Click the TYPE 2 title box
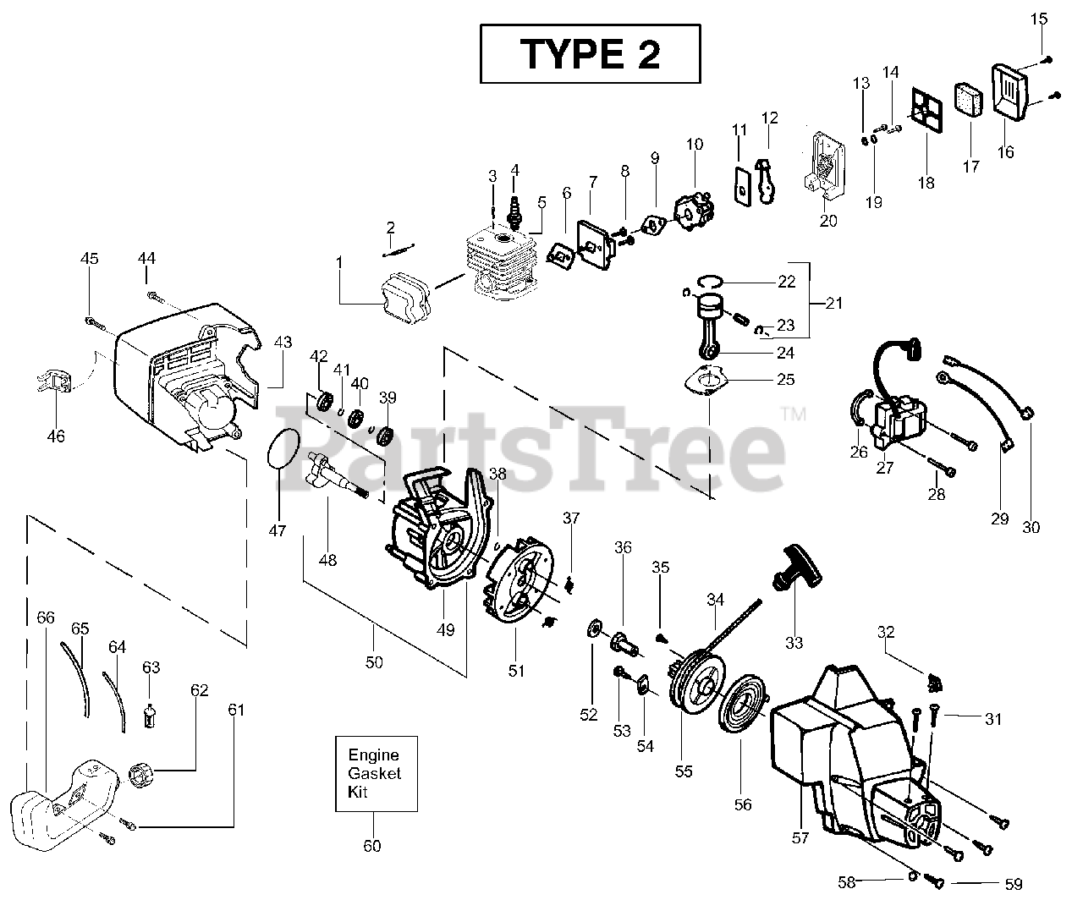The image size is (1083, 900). (x=590, y=53)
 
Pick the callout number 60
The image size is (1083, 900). (x=372, y=846)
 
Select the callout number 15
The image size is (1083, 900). (x=1041, y=19)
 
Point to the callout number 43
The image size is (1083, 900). (x=283, y=342)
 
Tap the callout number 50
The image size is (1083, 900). (x=374, y=662)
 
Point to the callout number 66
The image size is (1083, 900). (x=46, y=617)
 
